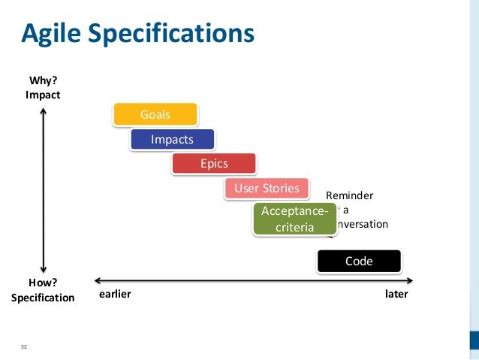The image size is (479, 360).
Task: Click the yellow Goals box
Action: tap(155, 114)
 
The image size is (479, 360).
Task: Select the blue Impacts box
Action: tap(172, 139)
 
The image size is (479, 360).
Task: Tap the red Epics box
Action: tap(214, 163)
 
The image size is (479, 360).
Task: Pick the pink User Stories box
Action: tap(267, 188)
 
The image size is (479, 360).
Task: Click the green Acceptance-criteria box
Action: tap(294, 219)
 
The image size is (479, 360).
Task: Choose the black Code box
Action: tap(358, 261)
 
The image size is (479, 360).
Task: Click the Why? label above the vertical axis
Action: tap(43, 80)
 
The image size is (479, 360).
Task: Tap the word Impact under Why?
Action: tap(43, 95)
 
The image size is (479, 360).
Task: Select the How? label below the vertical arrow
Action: tap(43, 282)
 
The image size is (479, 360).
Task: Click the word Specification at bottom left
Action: tap(43, 297)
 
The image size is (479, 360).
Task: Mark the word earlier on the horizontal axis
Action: tap(115, 294)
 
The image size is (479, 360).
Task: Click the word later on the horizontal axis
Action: tap(396, 294)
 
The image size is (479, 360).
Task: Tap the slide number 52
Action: tap(23, 346)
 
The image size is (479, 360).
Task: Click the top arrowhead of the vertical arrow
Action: tap(44, 112)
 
